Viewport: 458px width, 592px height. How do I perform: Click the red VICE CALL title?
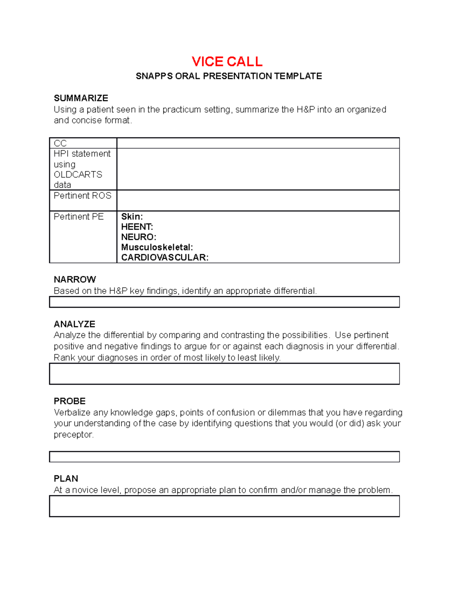coord(227,61)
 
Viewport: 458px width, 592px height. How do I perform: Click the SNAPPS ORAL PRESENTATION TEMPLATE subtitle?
coord(229,76)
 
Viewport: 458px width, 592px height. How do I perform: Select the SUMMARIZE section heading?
coord(81,98)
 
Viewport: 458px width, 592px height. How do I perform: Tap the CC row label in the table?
coord(60,143)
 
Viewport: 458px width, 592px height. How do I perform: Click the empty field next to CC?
coord(258,143)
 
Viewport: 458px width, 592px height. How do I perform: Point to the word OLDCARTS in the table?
coord(78,175)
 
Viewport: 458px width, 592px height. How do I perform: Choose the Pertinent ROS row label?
coord(82,196)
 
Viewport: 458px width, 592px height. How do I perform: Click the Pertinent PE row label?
coord(79,217)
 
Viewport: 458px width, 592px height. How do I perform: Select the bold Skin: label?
coord(132,217)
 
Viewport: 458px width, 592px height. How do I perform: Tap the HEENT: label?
coord(137,227)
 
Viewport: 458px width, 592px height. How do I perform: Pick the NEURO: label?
coord(139,237)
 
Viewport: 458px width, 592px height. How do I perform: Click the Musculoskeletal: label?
coord(157,247)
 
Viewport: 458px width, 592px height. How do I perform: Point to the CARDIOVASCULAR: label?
coord(165,258)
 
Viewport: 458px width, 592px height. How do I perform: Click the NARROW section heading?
coord(75,279)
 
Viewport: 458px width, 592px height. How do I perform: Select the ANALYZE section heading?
coord(74,324)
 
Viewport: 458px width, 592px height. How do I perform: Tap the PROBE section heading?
coord(69,401)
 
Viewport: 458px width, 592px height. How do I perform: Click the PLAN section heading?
coord(66,478)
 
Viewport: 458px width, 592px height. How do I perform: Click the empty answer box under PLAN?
coord(224,506)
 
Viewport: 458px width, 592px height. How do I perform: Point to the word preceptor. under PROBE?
coord(74,435)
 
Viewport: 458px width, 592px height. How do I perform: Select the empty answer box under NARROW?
coord(224,302)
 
